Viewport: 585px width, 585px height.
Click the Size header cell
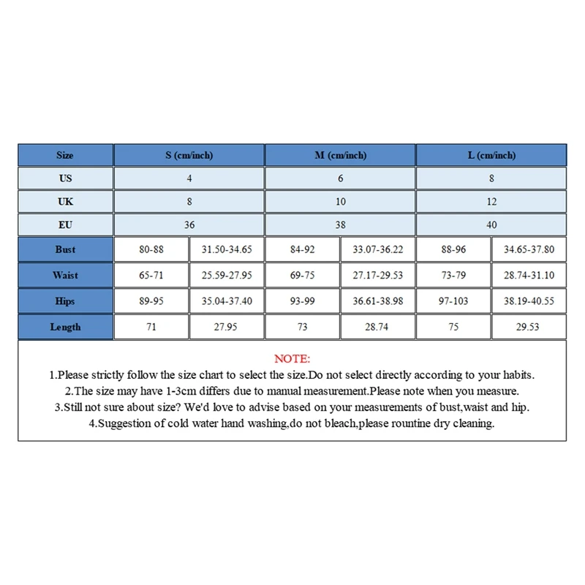65,155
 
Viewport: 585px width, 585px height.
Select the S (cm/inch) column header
189,155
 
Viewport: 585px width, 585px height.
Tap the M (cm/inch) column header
340,155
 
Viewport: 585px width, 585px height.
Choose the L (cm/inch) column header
491,155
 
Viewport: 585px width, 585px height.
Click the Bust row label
65,249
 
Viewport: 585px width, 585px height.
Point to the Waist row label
65,276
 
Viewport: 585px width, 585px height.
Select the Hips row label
65,301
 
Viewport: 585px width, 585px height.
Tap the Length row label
65,327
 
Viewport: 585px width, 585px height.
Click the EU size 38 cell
340,224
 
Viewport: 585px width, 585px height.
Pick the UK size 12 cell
491,201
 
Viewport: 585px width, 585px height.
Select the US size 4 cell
189,178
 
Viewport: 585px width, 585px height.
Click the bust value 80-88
151,249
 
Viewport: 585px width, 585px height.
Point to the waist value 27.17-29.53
378,276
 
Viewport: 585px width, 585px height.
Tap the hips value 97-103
453,301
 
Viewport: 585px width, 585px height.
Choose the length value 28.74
378,327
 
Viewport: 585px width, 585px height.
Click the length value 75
453,327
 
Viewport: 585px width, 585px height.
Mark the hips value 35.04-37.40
227,301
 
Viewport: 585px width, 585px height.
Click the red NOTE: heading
292,359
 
